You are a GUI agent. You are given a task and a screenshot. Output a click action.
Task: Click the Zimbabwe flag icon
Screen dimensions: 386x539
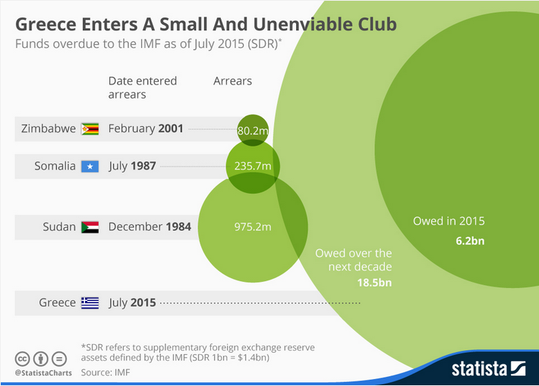click(x=90, y=128)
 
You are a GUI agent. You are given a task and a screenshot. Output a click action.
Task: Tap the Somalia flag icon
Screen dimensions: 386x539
click(x=90, y=166)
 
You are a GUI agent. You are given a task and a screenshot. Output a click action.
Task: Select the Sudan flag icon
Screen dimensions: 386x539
click(x=90, y=226)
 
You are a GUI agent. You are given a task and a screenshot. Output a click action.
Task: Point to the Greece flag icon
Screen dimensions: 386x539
click(x=90, y=302)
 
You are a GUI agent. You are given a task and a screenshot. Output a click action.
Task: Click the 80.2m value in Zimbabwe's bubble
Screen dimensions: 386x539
click(x=253, y=131)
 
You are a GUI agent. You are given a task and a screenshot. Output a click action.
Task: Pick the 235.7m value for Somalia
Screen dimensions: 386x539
click(x=253, y=166)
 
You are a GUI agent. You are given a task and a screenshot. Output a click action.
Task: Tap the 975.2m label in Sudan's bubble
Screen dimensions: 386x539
click(x=253, y=226)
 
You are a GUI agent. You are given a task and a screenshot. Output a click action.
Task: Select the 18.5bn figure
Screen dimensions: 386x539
click(x=376, y=283)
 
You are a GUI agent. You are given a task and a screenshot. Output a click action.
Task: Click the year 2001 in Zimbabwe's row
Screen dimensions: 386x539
click(x=171, y=128)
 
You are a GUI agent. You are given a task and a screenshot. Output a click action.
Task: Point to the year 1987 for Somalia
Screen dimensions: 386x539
click(x=143, y=166)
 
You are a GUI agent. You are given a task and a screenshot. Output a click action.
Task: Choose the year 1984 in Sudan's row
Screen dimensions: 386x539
click(x=178, y=226)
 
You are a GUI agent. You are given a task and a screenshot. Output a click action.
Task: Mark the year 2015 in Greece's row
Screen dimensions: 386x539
click(x=142, y=302)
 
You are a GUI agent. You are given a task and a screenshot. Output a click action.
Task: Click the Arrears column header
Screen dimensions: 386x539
click(x=232, y=81)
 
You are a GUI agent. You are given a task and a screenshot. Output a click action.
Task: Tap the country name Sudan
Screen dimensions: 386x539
click(x=59, y=226)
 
